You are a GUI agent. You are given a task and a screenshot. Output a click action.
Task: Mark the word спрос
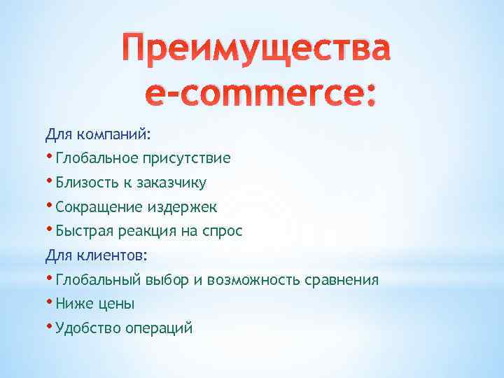224,231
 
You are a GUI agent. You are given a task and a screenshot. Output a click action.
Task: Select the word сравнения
342,280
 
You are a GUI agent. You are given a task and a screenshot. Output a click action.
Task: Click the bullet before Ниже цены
50,302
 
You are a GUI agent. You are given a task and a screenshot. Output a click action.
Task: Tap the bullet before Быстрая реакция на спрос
50,228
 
